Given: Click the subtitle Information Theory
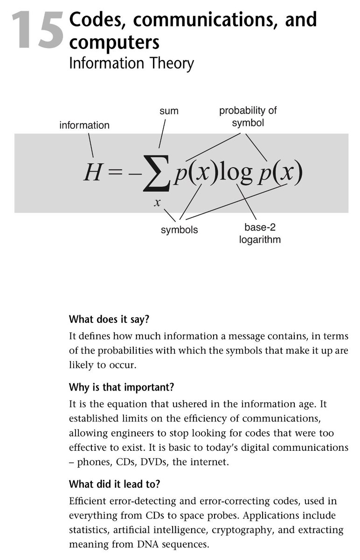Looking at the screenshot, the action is coord(131,63).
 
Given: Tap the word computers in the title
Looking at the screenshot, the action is coord(114,42).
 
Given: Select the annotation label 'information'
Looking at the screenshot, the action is coord(84,125).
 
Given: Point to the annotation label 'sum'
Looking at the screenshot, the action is coord(169,111).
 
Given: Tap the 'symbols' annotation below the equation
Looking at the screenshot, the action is coord(179,230).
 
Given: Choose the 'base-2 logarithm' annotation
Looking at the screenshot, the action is coord(263,234).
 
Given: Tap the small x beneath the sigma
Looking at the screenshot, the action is coord(158,202).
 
